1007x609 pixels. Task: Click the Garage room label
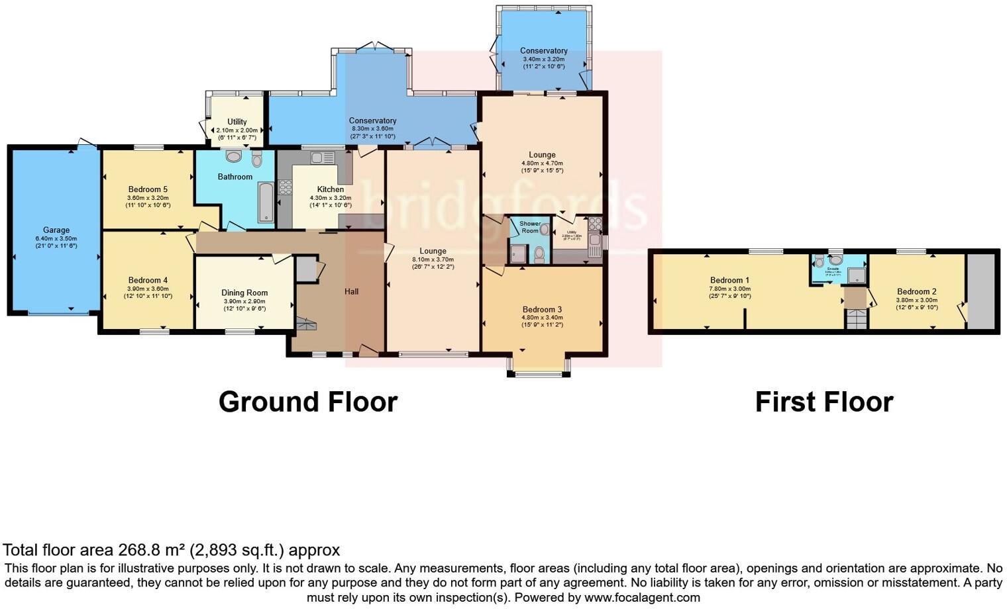tap(56, 230)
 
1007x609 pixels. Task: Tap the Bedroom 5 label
tap(148, 189)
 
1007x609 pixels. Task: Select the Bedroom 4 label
tap(148, 280)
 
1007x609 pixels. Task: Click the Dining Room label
tap(244, 293)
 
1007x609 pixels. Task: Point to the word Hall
tap(351, 291)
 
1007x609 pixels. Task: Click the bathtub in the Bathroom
tap(266, 202)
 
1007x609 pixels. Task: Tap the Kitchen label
tap(330, 189)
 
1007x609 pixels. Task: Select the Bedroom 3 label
tap(542, 309)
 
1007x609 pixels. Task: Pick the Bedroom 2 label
tap(917, 291)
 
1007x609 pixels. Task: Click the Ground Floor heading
tap(308, 402)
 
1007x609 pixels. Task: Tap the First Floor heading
tap(824, 402)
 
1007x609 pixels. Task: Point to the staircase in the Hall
tap(306, 324)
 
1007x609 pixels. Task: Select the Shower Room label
tap(529, 227)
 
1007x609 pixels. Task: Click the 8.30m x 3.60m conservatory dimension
tap(372, 129)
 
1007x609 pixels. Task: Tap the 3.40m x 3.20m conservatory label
tap(543, 59)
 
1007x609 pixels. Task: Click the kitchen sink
tap(322, 158)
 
